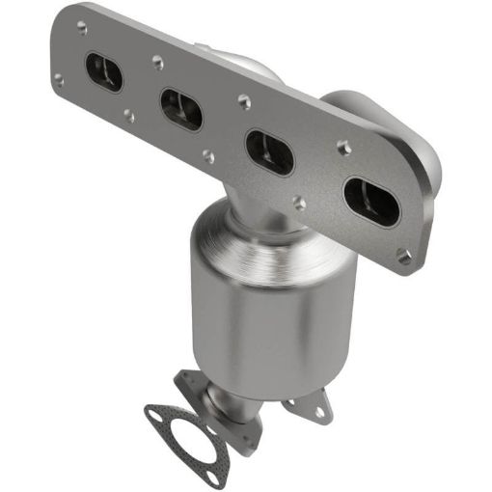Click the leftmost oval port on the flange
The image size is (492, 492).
pyautogui.click(x=104, y=72)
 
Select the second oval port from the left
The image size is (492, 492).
pyautogui.click(x=181, y=109)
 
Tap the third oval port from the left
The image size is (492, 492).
pyautogui.click(x=270, y=151)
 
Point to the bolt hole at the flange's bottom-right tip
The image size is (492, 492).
pyautogui.click(x=403, y=258)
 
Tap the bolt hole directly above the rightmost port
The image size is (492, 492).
pyautogui.click(x=342, y=148)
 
